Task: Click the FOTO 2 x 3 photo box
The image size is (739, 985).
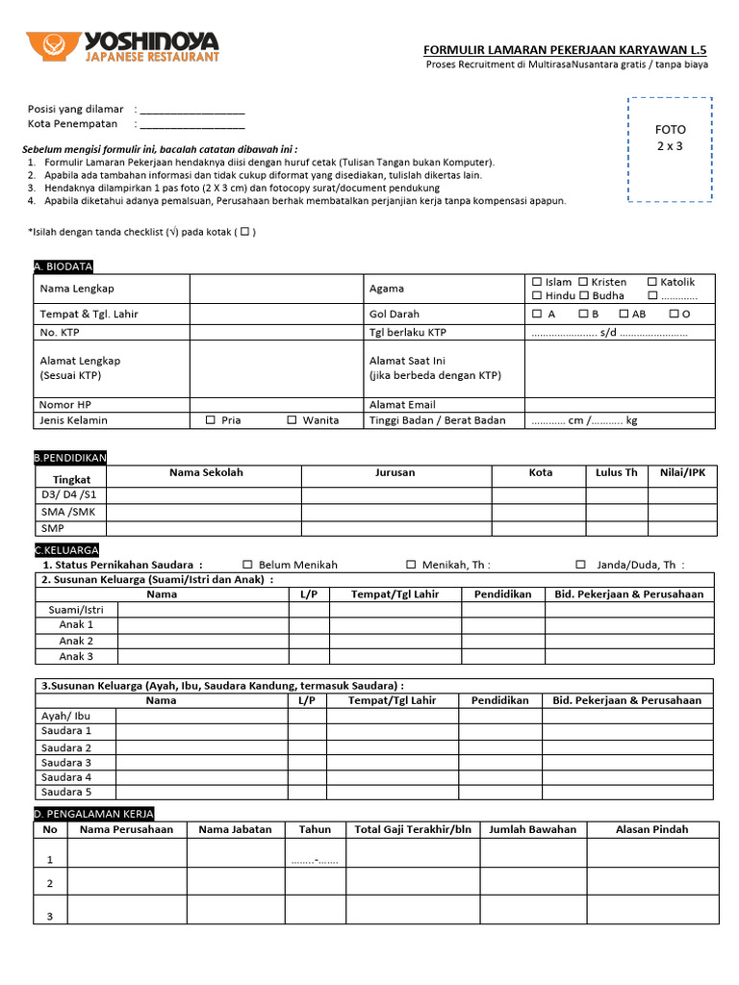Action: pyautogui.click(x=670, y=149)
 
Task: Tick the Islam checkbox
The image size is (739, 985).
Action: pyautogui.click(x=537, y=282)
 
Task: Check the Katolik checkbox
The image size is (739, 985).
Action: pyautogui.click(x=652, y=282)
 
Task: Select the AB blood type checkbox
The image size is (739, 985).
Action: pyautogui.click(x=624, y=314)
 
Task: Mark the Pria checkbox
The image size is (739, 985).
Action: pyautogui.click(x=211, y=420)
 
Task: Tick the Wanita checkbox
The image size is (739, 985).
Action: pyautogui.click(x=292, y=420)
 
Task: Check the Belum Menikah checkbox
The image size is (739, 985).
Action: pyautogui.click(x=247, y=565)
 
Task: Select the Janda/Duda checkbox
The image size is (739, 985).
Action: pyautogui.click(x=581, y=565)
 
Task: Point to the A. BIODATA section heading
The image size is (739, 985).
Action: pyautogui.click(x=63, y=266)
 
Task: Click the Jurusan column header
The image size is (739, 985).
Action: pyautogui.click(x=395, y=472)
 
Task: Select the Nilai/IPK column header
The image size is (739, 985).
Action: pyautogui.click(x=682, y=472)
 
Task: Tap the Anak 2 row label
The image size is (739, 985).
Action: pyautogui.click(x=76, y=641)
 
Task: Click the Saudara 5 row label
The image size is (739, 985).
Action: pyautogui.click(x=66, y=792)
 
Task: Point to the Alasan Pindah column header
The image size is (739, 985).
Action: pyautogui.click(x=651, y=829)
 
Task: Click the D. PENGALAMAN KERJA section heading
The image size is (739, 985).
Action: pyautogui.click(x=93, y=814)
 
